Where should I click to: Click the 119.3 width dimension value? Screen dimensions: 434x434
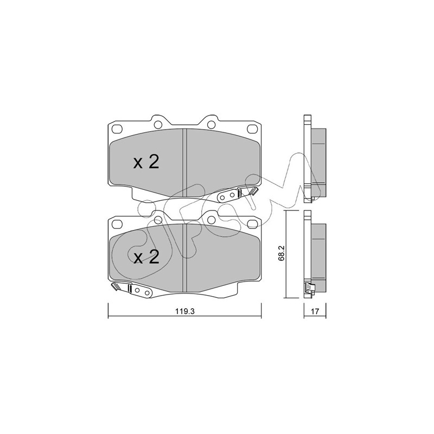tap(184, 311)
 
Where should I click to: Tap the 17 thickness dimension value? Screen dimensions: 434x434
tap(315, 311)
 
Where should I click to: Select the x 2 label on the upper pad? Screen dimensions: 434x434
tap(146, 162)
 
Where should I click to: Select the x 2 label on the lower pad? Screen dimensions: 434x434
tap(146, 257)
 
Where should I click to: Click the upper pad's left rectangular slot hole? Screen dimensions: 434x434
tap(117, 129)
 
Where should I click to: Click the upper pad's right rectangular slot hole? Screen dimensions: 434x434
tap(252, 129)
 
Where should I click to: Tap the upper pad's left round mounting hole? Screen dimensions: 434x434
tap(158, 125)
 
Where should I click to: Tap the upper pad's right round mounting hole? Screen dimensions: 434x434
tap(211, 125)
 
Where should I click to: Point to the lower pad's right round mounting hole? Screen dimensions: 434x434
tap(211, 220)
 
